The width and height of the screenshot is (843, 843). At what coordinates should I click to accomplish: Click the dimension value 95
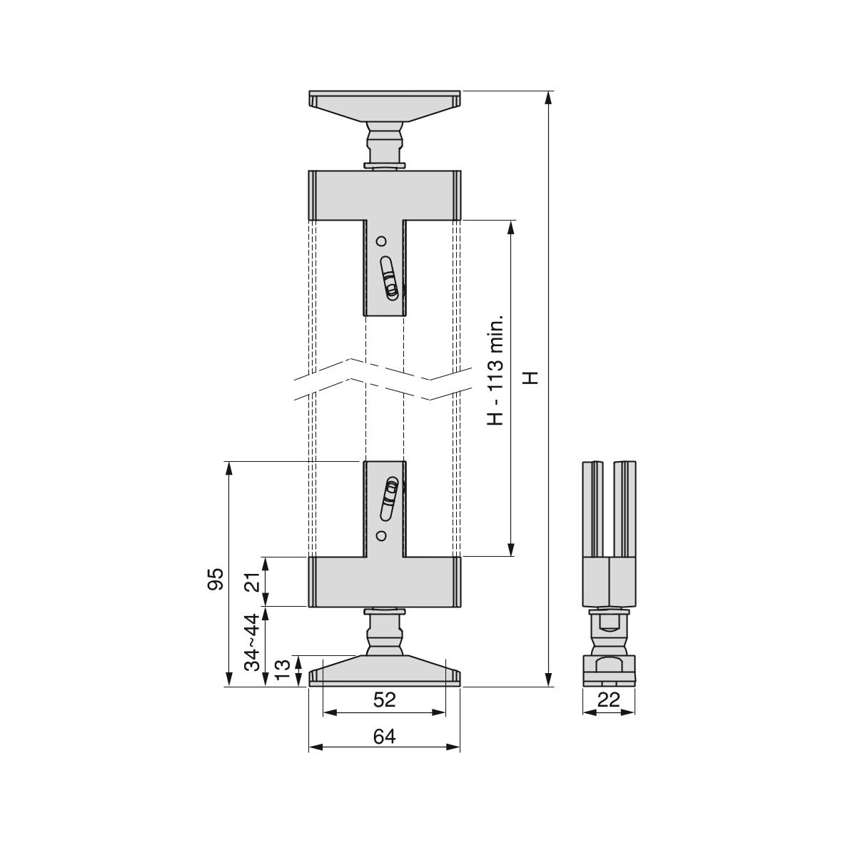216,579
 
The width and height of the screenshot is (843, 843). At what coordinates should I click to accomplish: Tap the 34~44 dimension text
253,642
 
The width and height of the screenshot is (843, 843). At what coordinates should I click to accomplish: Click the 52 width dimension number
385,700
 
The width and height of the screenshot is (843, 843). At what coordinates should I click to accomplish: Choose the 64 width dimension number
385,736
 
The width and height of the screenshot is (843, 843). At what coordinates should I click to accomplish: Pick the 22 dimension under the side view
609,700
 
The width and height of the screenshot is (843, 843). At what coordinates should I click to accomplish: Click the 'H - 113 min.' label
495,370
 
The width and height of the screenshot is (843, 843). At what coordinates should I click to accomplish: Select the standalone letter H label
531,378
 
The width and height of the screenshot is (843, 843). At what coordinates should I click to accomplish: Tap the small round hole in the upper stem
381,241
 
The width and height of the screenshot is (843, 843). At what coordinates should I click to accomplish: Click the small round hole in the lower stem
381,536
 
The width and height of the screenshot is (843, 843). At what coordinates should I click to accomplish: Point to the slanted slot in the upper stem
388,278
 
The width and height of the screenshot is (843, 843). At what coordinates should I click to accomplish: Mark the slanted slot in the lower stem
389,500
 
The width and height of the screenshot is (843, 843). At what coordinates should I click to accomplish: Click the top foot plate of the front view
385,105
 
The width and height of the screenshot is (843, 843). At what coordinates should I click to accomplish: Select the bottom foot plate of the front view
385,671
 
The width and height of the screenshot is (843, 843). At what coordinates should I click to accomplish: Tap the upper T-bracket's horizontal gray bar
385,195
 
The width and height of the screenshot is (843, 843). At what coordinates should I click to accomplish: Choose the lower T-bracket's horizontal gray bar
385,582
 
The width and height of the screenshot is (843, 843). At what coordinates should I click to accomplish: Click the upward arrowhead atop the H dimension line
548,97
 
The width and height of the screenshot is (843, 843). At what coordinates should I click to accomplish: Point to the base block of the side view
609,670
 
